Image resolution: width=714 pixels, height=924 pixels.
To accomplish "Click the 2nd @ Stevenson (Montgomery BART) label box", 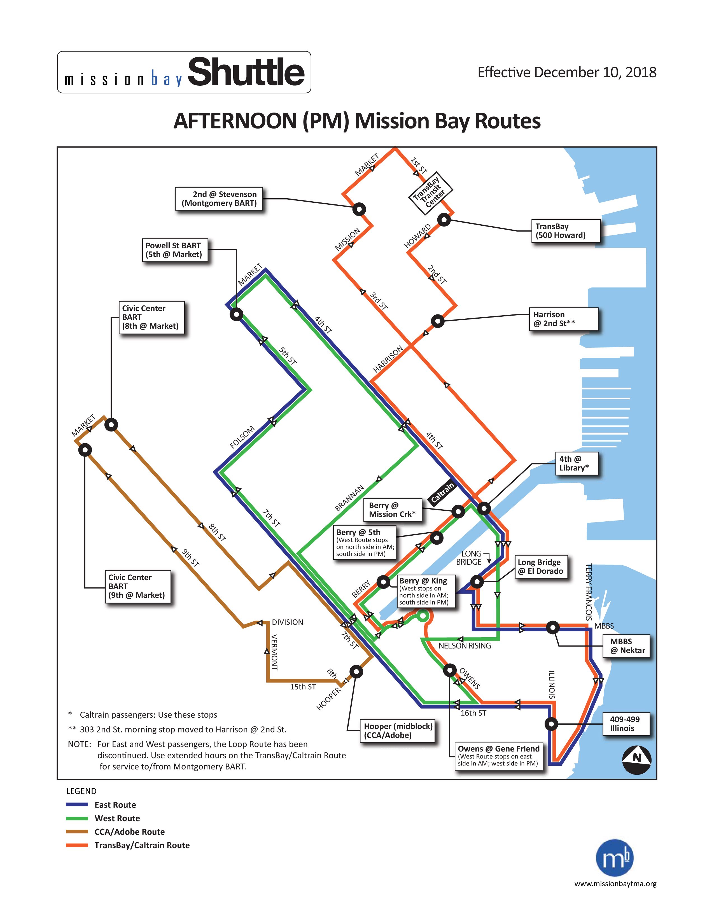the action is pos(219,199).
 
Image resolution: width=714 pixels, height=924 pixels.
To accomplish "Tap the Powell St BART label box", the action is pos(175,249).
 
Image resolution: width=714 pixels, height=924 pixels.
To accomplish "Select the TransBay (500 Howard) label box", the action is pos(566,230).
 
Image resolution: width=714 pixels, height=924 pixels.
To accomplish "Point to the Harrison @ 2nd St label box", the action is pos(563,319).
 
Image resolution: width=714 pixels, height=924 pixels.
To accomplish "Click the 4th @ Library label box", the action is pos(577,463).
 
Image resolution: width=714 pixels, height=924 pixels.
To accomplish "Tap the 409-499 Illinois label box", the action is pos(626,724).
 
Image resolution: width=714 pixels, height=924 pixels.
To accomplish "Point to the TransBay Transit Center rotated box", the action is pos(430,193).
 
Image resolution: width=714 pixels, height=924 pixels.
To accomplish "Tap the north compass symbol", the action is pos(637,760).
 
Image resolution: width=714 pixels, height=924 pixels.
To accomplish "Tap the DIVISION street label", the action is pos(288,622).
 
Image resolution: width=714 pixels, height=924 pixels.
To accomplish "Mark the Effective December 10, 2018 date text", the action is pos(567,72).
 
